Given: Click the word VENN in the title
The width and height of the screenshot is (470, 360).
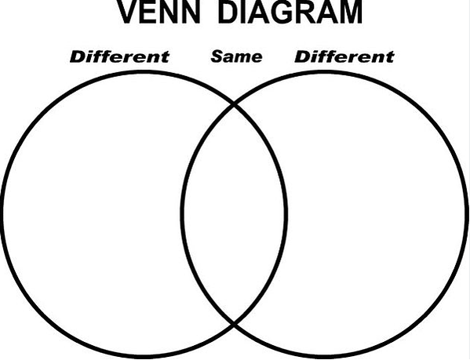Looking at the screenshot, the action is pyautogui.click(x=158, y=12).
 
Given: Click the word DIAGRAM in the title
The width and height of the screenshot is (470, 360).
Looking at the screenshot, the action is pyautogui.click(x=290, y=12).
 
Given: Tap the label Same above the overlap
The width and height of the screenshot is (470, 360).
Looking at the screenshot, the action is pyautogui.click(x=236, y=56).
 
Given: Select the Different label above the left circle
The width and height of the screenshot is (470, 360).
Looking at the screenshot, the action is pyautogui.click(x=119, y=56).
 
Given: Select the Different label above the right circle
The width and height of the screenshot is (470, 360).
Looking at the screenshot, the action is pyautogui.click(x=344, y=56).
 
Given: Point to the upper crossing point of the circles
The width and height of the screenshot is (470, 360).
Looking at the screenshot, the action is pyautogui.click(x=234, y=104).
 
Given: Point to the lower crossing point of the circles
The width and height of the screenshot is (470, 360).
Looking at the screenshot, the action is pyautogui.click(x=234, y=323).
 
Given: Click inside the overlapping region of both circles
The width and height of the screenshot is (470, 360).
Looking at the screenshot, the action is pyautogui.click(x=234, y=214).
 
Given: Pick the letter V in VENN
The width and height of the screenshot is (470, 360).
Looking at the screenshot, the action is pyautogui.click(x=129, y=12).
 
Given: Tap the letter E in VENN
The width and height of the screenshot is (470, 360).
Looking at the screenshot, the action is pyautogui.click(x=150, y=12).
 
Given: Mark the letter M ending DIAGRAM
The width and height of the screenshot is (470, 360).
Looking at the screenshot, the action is pyautogui.click(x=351, y=12).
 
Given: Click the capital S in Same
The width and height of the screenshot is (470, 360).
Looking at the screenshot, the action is pyautogui.click(x=217, y=56).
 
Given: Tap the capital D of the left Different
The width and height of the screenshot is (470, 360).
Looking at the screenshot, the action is pyautogui.click(x=77, y=56).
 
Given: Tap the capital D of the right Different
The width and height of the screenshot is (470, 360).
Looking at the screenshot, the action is pyautogui.click(x=301, y=56).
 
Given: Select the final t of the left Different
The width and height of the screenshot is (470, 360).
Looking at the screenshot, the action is pyautogui.click(x=166, y=57).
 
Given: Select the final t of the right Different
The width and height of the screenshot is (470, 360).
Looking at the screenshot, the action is pyautogui.click(x=390, y=57).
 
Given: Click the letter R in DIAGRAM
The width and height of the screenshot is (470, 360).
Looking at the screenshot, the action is pyautogui.click(x=307, y=12).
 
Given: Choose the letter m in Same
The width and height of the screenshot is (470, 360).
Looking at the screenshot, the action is pyautogui.click(x=242, y=58).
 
